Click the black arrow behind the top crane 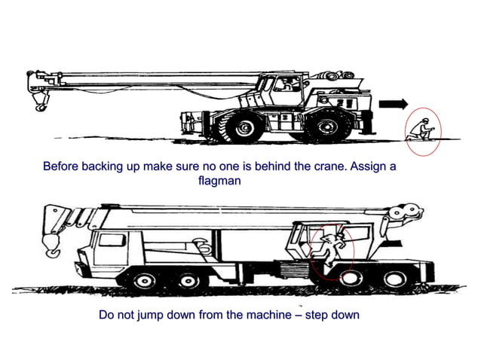pos(394,104)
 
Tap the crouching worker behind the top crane pos(422,130)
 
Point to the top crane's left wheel pos(241,127)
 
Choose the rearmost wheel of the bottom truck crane pos(394,281)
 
